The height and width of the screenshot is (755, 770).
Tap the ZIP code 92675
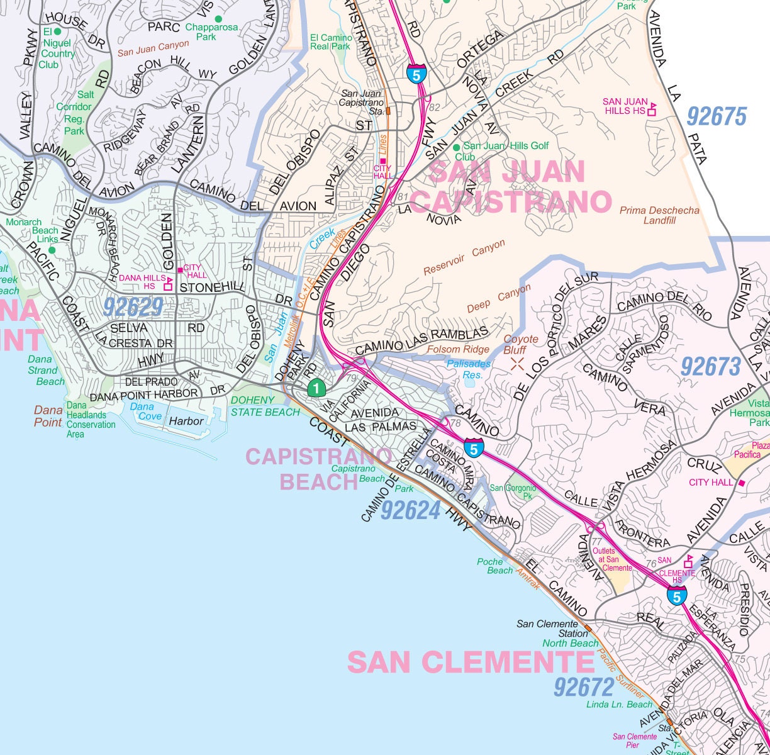click(716, 117)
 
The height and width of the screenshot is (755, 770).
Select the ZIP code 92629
click(133, 307)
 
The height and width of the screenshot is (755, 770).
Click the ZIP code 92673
click(711, 366)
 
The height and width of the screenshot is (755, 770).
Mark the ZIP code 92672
click(584, 687)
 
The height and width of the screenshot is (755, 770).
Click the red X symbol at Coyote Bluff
click(518, 362)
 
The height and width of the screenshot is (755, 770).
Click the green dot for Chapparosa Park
click(218, 19)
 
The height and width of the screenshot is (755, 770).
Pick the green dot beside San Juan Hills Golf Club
click(457, 147)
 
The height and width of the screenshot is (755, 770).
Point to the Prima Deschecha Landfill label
click(659, 215)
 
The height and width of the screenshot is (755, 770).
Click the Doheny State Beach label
click(265, 406)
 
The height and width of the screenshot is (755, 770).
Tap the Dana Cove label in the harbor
click(142, 411)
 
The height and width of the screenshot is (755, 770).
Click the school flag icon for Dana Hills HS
click(168, 284)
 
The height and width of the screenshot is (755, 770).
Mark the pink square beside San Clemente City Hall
click(742, 483)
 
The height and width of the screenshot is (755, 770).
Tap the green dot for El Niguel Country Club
click(57, 31)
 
